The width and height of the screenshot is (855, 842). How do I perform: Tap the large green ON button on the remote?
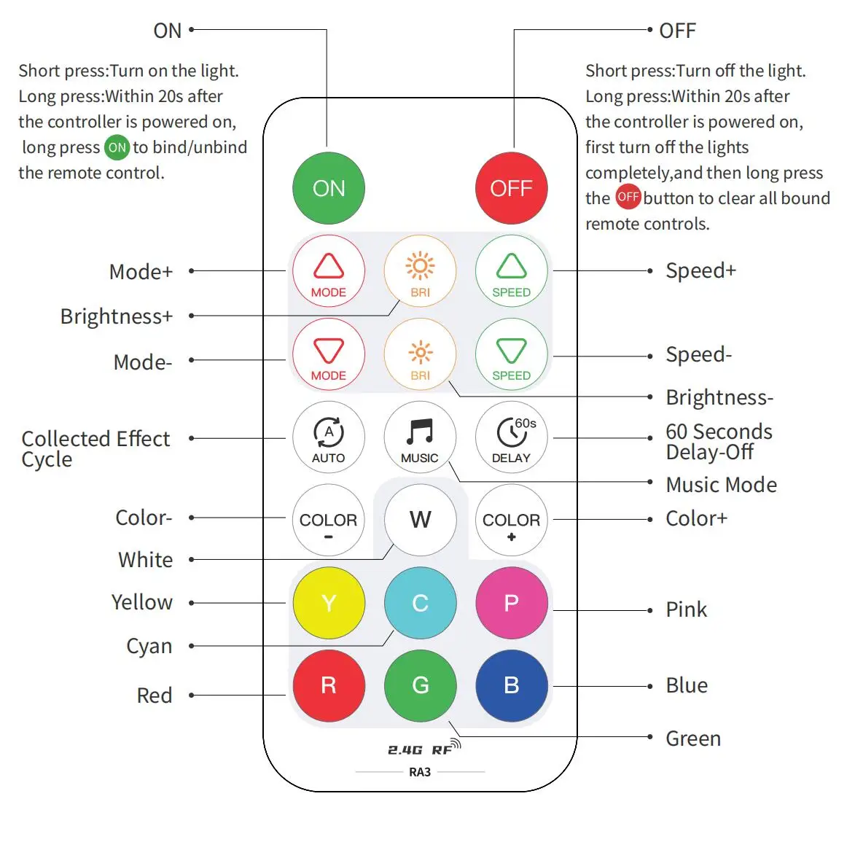tap(329, 188)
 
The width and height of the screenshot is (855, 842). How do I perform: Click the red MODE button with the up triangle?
tap(329, 271)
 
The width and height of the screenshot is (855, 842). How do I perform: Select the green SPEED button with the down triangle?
tap(511, 354)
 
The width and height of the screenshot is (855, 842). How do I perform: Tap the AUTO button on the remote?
tap(329, 437)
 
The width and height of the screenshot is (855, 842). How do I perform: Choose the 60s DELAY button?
tap(511, 437)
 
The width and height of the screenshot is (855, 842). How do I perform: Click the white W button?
tap(420, 520)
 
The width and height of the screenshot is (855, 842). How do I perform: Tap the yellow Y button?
tap(329, 603)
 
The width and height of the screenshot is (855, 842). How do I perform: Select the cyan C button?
tap(420, 603)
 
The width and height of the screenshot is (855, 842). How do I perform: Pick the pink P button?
tap(511, 603)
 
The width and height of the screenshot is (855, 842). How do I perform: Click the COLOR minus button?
tap(329, 520)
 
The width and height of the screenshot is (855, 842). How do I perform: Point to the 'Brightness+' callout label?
tap(117, 316)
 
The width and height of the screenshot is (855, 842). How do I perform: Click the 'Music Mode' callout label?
tap(721, 485)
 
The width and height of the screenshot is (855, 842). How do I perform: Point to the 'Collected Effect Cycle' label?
tap(95, 448)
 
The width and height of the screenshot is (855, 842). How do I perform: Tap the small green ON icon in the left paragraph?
tap(117, 147)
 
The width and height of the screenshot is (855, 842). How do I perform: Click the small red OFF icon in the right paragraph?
tap(628, 197)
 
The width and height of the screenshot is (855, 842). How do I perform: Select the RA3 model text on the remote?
tap(420, 772)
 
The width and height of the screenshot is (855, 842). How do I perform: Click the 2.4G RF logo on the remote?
tap(423, 749)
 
